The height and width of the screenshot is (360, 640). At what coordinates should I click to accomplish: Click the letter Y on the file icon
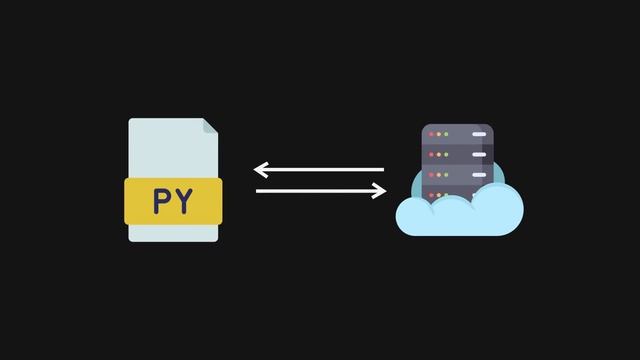pyautogui.click(x=185, y=201)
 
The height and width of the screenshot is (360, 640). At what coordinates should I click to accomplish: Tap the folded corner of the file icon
pyautogui.click(x=210, y=127)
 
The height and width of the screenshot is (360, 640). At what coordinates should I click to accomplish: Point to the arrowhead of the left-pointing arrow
pyautogui.click(x=259, y=170)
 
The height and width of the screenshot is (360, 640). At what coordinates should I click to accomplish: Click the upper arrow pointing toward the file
pyautogui.click(x=319, y=170)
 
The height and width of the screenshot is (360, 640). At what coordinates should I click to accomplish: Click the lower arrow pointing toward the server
pyautogui.click(x=319, y=191)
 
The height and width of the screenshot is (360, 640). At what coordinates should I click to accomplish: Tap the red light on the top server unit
pyautogui.click(x=431, y=133)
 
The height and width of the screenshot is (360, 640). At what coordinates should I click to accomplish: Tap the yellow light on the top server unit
pyautogui.click(x=439, y=133)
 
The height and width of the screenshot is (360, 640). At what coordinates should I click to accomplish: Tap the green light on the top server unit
pyautogui.click(x=447, y=133)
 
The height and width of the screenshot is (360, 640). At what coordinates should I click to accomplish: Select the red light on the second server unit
pyautogui.click(x=431, y=154)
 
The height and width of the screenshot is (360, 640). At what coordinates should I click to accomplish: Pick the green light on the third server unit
pyautogui.click(x=447, y=175)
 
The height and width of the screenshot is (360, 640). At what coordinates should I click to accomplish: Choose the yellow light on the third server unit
pyautogui.click(x=439, y=175)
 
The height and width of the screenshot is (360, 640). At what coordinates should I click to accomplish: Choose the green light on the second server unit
pyautogui.click(x=447, y=154)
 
